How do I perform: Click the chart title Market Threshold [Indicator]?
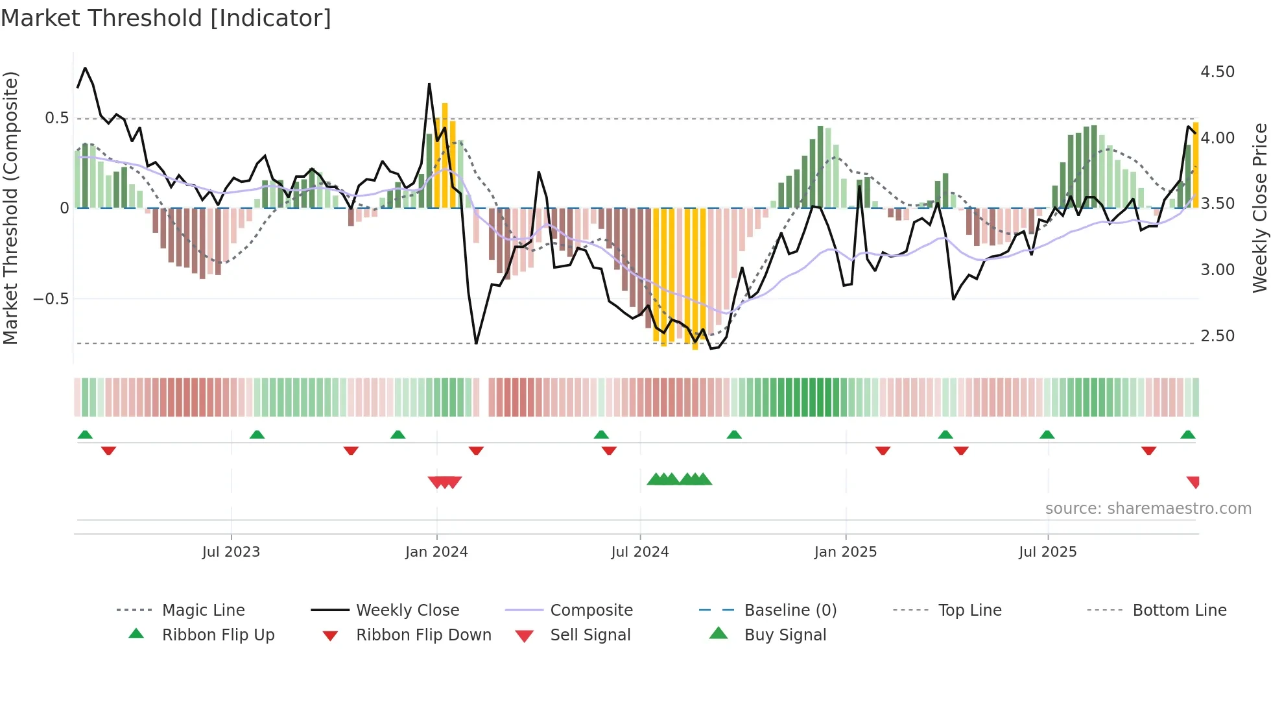tap(166, 18)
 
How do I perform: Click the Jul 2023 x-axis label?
tap(231, 552)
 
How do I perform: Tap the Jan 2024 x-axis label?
tap(436, 552)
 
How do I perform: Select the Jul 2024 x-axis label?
tap(640, 552)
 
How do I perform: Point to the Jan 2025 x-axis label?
tap(846, 552)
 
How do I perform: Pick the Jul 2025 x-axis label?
tap(1048, 552)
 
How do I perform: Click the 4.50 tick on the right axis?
tap(1217, 72)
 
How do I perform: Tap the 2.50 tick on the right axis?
tap(1217, 336)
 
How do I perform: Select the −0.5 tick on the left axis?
tap(51, 299)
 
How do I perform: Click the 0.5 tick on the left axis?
tap(56, 118)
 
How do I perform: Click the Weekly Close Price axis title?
tap(1259, 208)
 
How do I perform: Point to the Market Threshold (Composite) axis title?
tap(10, 208)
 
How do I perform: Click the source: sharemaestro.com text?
tap(1148, 509)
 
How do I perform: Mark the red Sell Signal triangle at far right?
tap(1193, 481)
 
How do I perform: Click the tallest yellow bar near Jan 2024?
tap(445, 156)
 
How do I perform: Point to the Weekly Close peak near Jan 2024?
tap(429, 84)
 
